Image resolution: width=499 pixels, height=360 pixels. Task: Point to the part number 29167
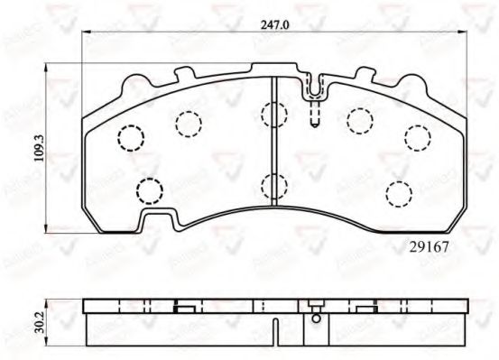[x=430, y=245]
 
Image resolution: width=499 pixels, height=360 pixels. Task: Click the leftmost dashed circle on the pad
[x=132, y=138]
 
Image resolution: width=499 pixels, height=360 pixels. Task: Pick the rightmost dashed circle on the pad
[x=416, y=137]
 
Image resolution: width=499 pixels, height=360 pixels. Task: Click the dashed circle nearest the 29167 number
[x=397, y=192]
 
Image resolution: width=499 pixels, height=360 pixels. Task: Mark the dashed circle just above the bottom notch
[x=148, y=190]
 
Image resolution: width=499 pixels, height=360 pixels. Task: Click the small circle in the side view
[x=315, y=317]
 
